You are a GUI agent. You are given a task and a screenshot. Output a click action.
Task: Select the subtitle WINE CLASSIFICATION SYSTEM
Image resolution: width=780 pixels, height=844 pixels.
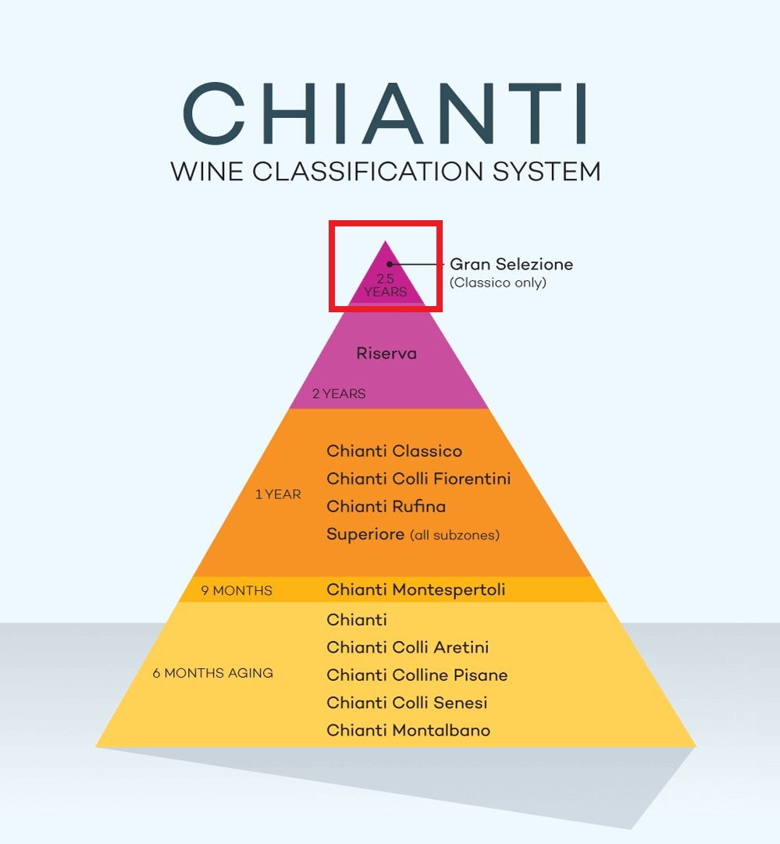pyautogui.click(x=386, y=171)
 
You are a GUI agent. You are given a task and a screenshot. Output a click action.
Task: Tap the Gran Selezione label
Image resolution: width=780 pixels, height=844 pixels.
pyautogui.click(x=511, y=265)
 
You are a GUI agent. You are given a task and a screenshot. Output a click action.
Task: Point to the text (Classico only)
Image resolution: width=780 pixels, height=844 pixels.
pyautogui.click(x=497, y=283)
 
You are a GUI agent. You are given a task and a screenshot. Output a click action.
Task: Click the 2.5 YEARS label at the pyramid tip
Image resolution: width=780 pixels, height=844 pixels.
pyautogui.click(x=385, y=285)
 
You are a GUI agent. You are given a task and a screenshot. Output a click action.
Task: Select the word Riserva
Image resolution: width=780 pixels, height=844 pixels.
pyautogui.click(x=386, y=353)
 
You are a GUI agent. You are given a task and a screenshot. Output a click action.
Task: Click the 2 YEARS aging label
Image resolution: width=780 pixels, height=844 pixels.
pyautogui.click(x=339, y=394)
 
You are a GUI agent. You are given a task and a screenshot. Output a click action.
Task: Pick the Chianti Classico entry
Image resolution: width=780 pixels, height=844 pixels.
pyautogui.click(x=394, y=451)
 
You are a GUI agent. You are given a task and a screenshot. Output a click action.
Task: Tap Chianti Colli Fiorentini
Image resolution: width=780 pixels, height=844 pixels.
pyautogui.click(x=418, y=479)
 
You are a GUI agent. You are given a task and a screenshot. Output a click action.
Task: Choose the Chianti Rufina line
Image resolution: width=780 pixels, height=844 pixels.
pyautogui.click(x=386, y=507)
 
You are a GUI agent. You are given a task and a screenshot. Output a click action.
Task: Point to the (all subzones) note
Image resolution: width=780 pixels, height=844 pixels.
pyautogui.click(x=454, y=536)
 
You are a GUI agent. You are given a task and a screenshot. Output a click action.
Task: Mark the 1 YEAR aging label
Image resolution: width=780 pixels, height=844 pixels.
pyautogui.click(x=278, y=494)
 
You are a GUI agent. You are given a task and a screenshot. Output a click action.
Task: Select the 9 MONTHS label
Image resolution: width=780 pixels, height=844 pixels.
pyautogui.click(x=237, y=590)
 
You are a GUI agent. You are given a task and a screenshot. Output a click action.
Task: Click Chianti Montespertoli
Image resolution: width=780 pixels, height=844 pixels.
pyautogui.click(x=415, y=589)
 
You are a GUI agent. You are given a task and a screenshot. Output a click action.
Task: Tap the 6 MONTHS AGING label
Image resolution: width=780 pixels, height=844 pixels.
pyautogui.click(x=213, y=673)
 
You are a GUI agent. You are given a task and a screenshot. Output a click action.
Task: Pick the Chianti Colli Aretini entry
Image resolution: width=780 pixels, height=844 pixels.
pyautogui.click(x=408, y=647)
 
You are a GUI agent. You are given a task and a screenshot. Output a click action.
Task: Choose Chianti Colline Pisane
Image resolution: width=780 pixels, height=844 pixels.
pyautogui.click(x=417, y=675)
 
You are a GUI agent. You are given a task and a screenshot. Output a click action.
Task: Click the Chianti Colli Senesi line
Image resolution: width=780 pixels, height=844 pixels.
pyautogui.click(x=407, y=703)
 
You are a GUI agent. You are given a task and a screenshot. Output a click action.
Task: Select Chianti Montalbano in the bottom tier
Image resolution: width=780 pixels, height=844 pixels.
pyautogui.click(x=408, y=731)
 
